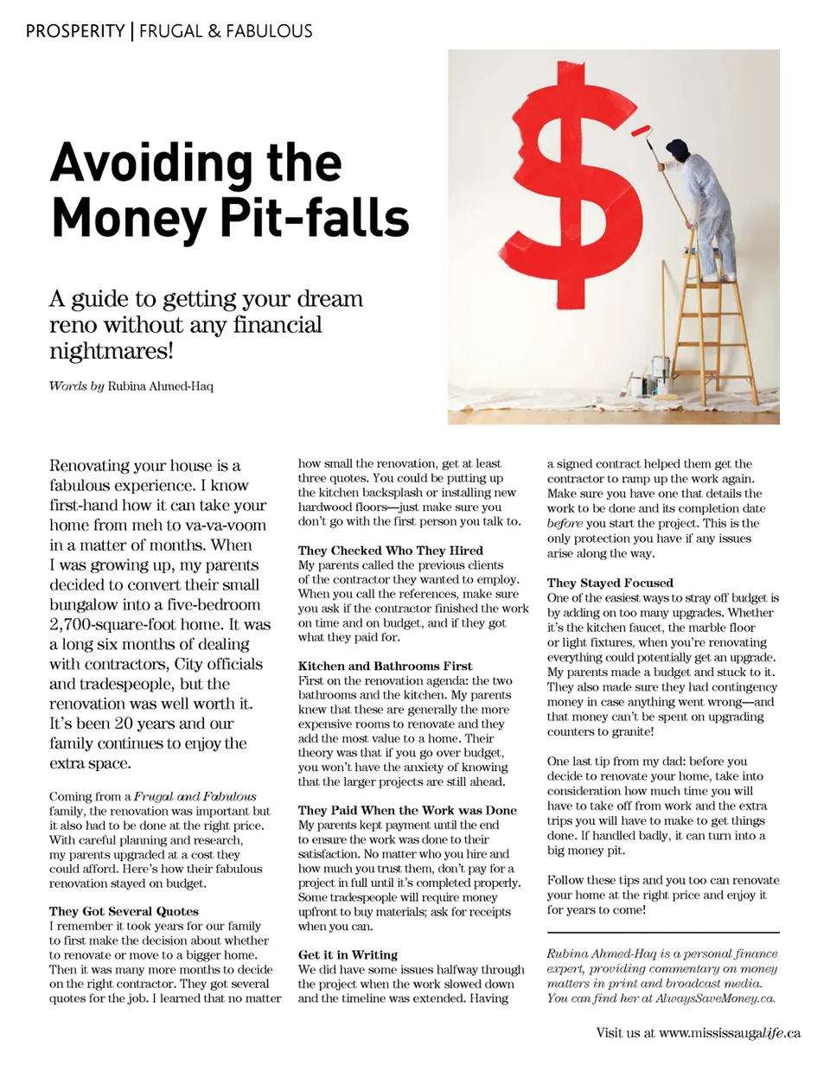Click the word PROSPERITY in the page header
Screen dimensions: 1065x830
[x=75, y=32]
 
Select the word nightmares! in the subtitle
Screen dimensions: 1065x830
[x=112, y=351]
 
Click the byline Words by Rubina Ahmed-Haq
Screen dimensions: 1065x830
[x=131, y=386]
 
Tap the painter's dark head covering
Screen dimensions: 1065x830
[x=679, y=146]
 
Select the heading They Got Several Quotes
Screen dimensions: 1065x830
[x=124, y=911]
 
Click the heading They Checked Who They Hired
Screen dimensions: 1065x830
[x=391, y=551]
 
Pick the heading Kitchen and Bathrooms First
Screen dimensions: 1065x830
[x=386, y=666]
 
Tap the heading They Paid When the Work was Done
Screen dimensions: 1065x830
[x=407, y=811]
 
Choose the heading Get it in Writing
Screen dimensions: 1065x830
[x=348, y=955]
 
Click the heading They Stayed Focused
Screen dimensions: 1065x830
[x=610, y=584]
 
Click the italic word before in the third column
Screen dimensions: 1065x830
[x=565, y=524]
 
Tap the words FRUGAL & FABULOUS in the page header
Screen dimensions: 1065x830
[x=226, y=32]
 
